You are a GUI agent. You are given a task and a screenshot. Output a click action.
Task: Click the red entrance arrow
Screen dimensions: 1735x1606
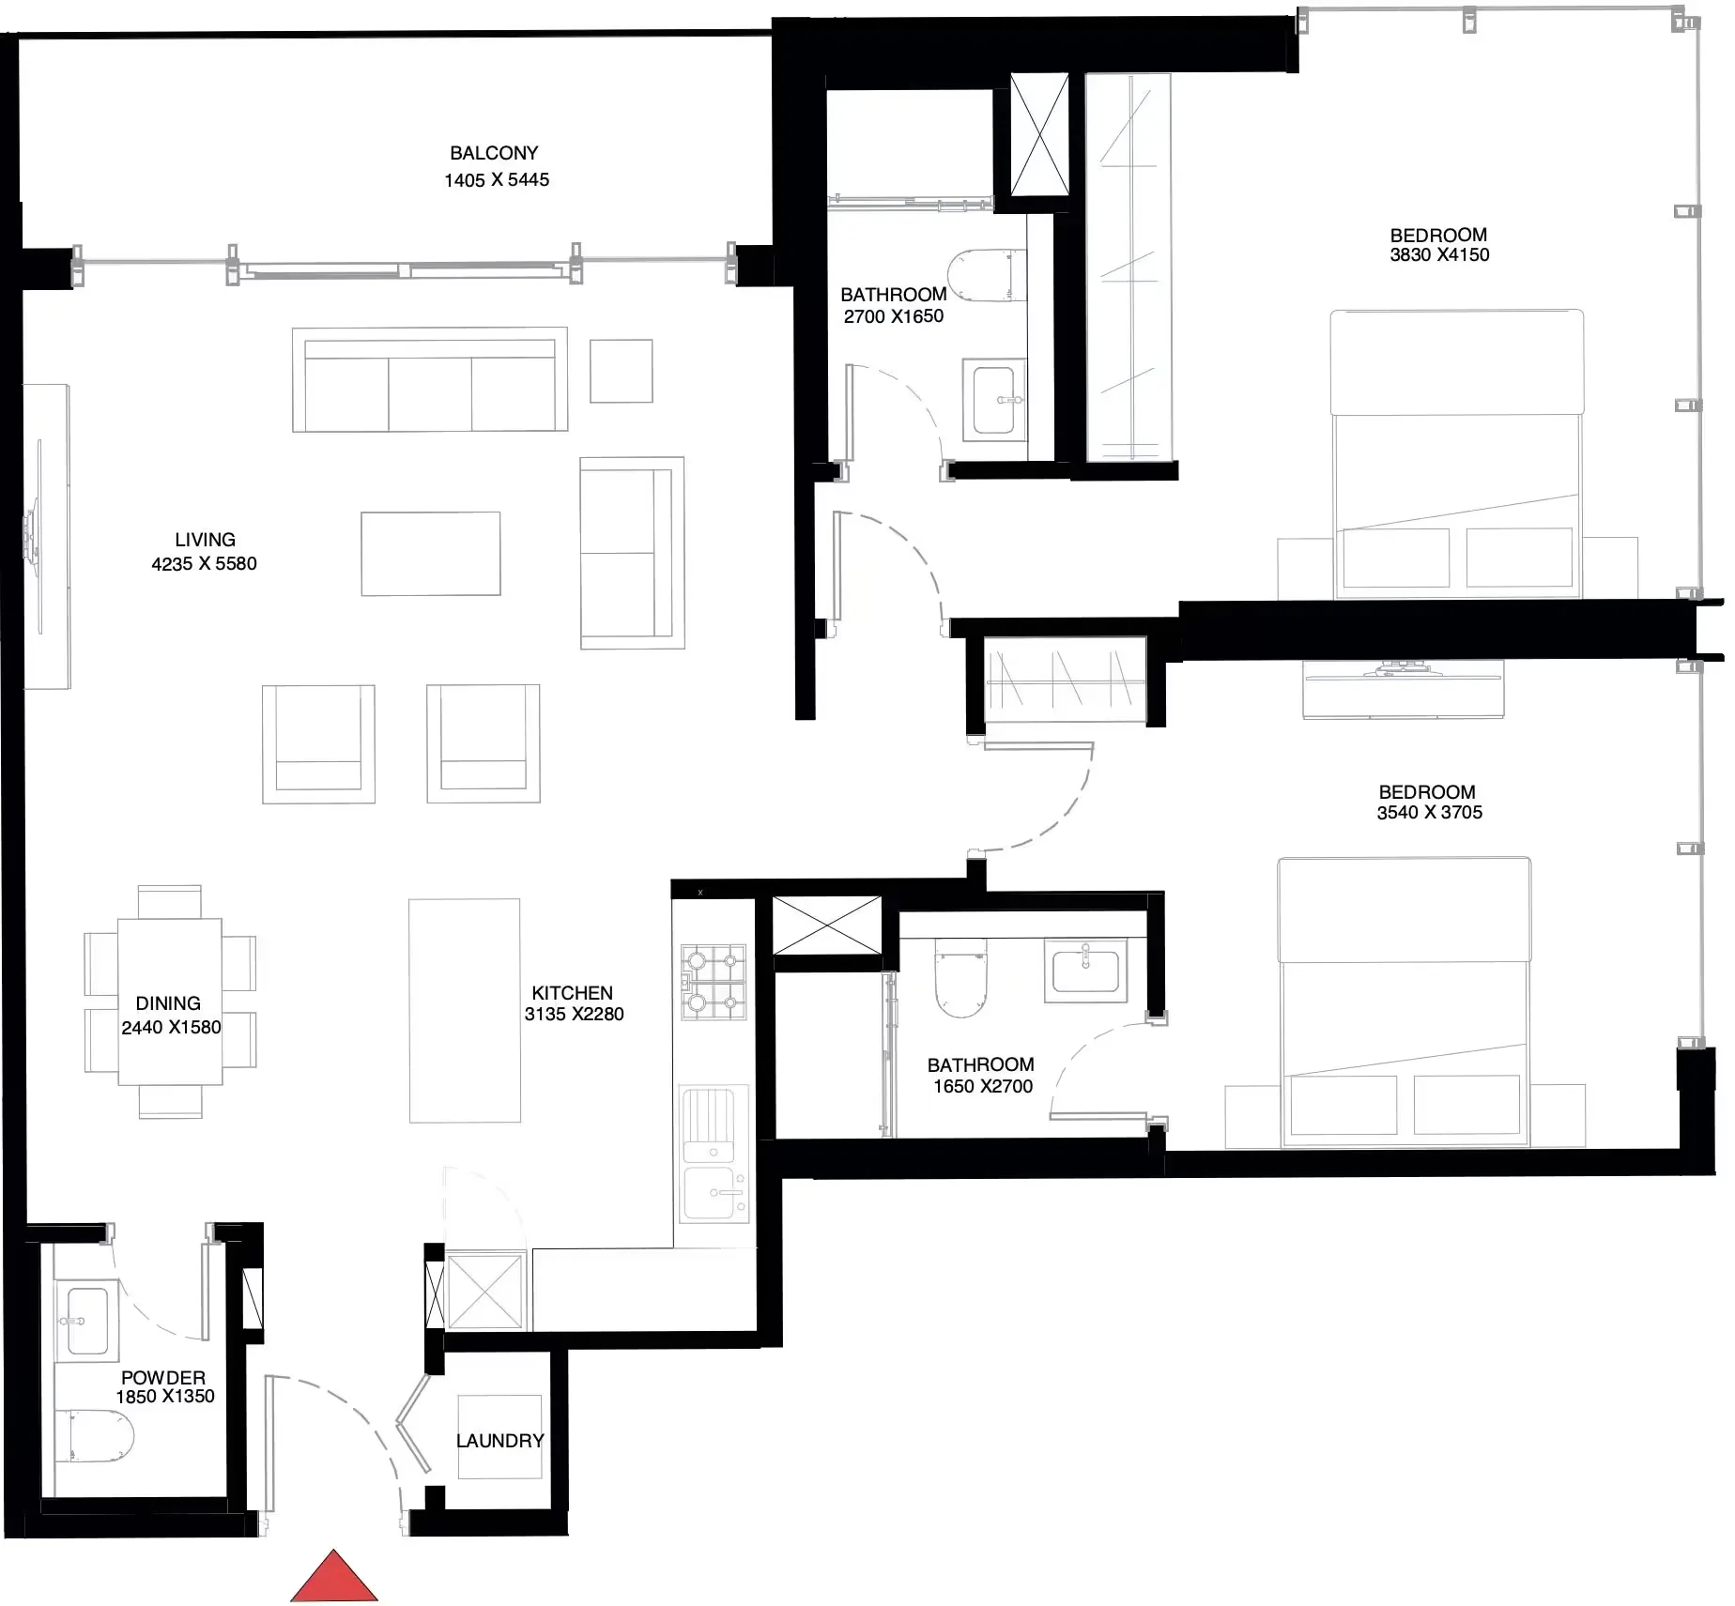(333, 1577)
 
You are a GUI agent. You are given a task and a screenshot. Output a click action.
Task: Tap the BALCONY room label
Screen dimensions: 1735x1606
(494, 153)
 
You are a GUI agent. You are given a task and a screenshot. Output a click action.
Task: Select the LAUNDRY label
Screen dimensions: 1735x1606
(499, 1440)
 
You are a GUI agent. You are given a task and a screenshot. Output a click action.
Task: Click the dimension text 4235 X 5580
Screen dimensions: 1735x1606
(204, 563)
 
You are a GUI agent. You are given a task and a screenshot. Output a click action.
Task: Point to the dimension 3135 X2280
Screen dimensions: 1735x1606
(574, 1014)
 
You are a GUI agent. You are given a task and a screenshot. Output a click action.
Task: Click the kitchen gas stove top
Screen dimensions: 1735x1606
(714, 983)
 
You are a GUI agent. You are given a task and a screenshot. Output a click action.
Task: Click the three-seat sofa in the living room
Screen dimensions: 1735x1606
(430, 380)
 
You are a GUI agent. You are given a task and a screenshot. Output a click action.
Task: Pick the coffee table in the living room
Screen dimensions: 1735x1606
(431, 554)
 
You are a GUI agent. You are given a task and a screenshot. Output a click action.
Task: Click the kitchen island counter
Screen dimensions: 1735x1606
(465, 1011)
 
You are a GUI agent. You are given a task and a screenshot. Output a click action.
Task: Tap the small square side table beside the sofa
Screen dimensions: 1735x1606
(622, 372)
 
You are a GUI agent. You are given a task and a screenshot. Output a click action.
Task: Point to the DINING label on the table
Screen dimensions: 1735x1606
(168, 1003)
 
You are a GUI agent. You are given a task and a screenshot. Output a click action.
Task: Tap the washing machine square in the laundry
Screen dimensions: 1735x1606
(499, 1436)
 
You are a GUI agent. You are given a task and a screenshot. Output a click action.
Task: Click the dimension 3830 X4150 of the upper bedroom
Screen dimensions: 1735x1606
(1439, 255)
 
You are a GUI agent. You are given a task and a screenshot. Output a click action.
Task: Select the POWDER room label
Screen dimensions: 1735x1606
(163, 1377)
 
